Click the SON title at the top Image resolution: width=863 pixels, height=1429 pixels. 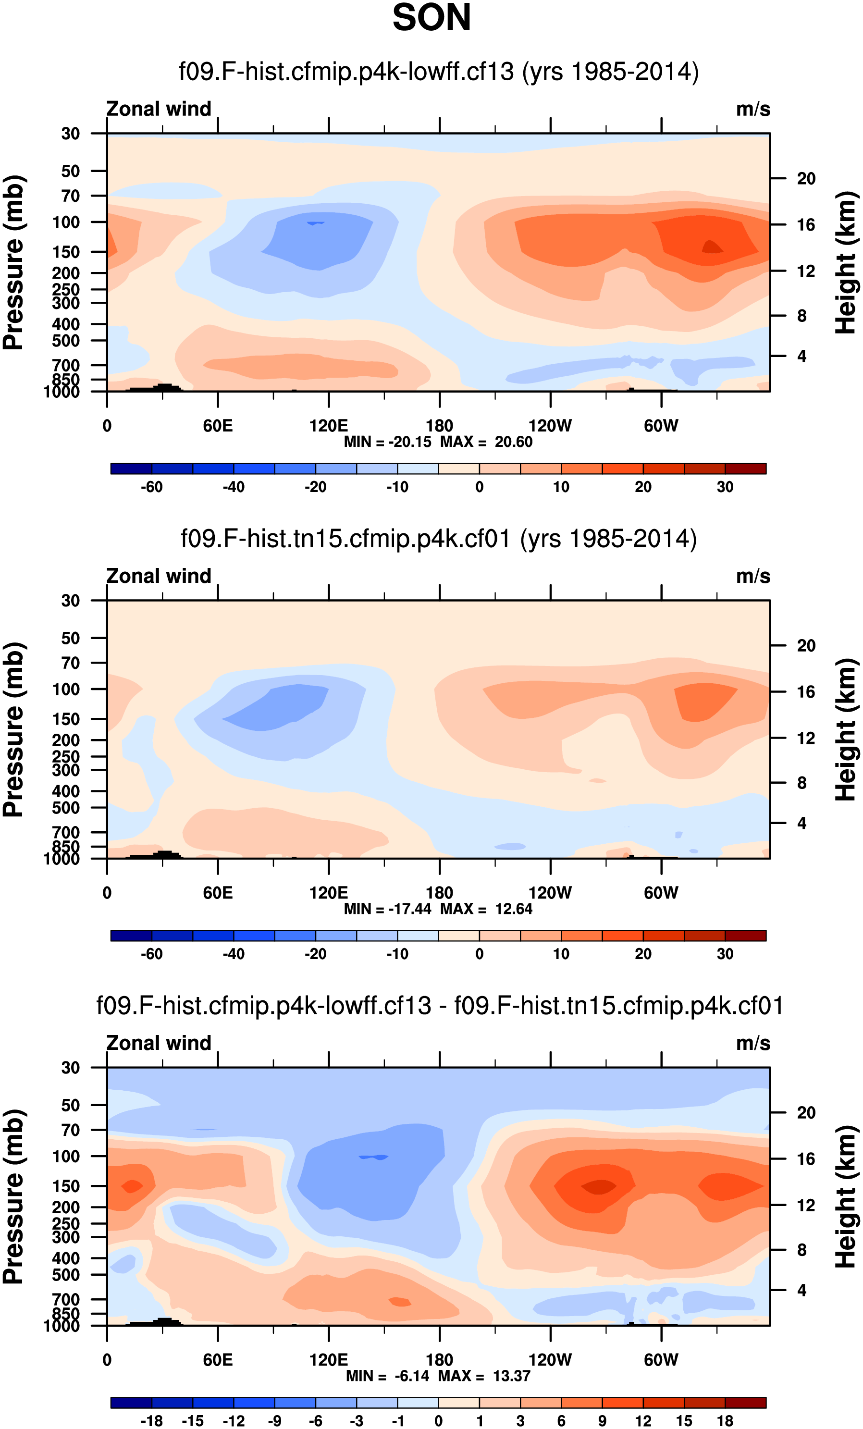(431, 17)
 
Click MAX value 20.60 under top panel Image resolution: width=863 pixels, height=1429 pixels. (513, 442)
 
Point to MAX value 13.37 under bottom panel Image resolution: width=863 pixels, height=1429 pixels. (512, 1376)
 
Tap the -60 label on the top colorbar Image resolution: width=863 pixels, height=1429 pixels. (151, 487)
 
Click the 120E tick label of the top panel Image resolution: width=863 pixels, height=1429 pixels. (328, 426)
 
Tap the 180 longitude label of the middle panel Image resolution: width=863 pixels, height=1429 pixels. (439, 893)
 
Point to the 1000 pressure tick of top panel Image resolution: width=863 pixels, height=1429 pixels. (62, 392)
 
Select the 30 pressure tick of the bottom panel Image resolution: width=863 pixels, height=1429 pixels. (70, 1068)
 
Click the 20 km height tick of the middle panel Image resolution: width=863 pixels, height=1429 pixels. (806, 645)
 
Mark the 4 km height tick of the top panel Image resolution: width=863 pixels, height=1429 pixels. (801, 356)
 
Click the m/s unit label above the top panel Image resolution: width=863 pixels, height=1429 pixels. (753, 109)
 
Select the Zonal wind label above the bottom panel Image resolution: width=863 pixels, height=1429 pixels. (159, 1043)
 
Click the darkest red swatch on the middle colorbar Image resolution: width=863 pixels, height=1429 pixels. (745, 936)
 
